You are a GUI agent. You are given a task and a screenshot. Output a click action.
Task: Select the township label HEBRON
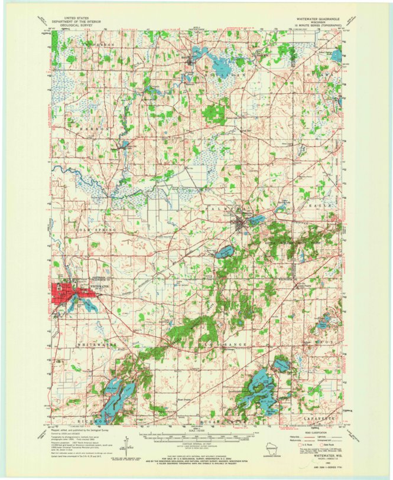(82, 127)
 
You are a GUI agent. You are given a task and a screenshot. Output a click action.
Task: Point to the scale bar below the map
(212, 437)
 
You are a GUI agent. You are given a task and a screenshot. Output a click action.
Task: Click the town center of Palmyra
(241, 224)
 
